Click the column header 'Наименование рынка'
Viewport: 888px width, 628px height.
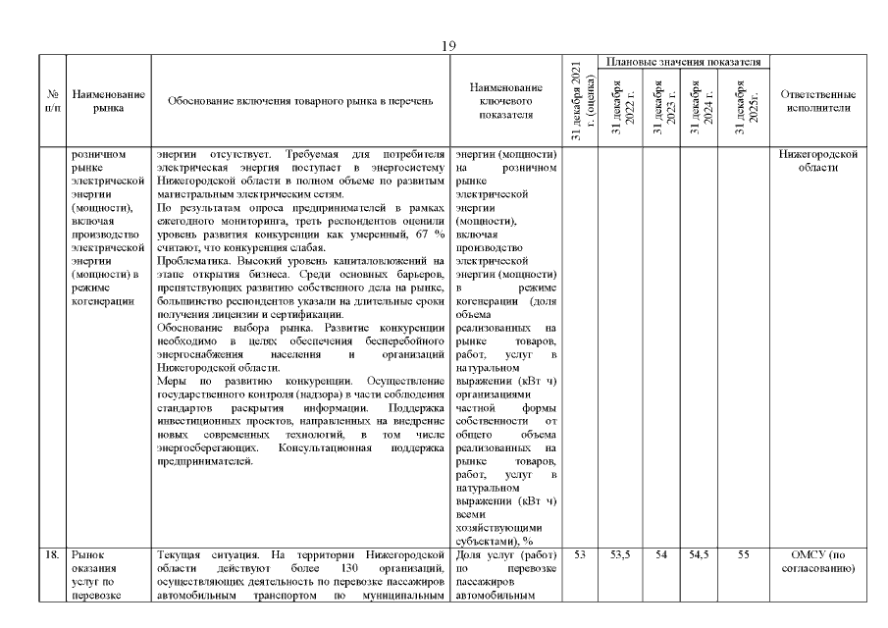click(108, 101)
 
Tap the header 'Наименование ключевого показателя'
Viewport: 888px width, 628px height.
click(505, 101)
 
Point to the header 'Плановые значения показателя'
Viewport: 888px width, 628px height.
click(684, 62)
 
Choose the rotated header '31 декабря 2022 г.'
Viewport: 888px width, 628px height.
click(623, 108)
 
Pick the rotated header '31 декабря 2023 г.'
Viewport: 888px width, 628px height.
click(663, 108)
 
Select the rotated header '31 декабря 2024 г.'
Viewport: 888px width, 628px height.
click(701, 108)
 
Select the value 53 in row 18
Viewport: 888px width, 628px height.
click(580, 555)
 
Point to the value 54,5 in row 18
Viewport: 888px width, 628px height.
click(701, 555)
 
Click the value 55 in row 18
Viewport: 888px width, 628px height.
click(744, 555)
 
